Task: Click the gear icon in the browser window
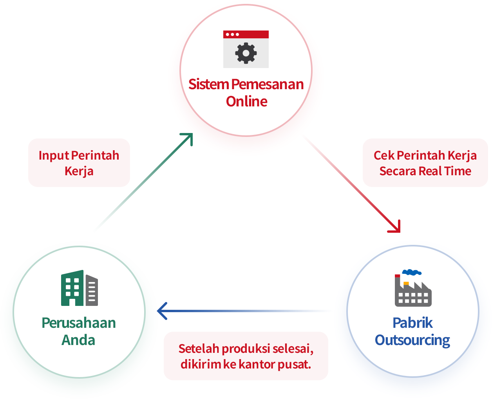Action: tap(246, 53)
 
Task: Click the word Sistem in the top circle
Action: tap(208, 84)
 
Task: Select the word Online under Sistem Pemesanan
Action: tap(246, 102)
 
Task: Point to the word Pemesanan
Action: tap(267, 84)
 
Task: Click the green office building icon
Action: tap(72, 288)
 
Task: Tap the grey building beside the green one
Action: tap(92, 290)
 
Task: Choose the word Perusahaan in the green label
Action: tap(79, 323)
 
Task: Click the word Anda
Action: tap(78, 340)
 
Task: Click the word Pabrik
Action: tap(412, 323)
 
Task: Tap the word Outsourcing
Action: tap(412, 340)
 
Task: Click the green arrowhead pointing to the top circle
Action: tap(188, 137)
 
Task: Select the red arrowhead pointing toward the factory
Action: tap(396, 228)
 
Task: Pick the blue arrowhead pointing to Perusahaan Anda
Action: tap(161, 311)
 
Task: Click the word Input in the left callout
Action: tap(54, 156)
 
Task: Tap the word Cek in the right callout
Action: tap(384, 156)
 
